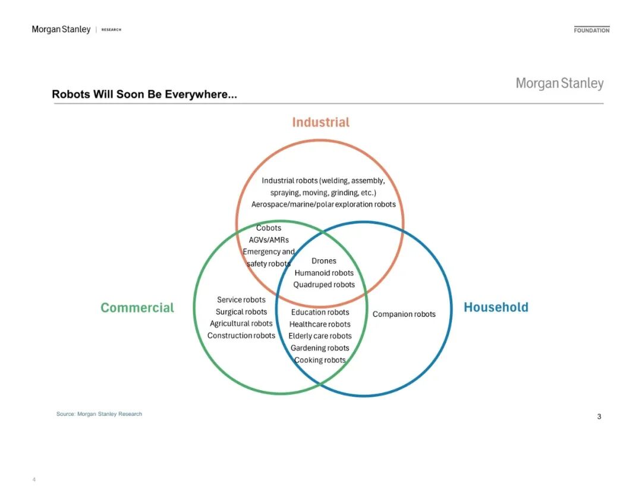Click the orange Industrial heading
click(320, 122)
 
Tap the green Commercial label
click(137, 307)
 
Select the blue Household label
click(496, 307)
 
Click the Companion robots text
click(404, 314)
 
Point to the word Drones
click(324, 261)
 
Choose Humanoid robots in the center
click(324, 273)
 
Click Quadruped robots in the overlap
click(324, 285)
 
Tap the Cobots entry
click(269, 228)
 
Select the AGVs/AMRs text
click(269, 240)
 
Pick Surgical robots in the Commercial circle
click(241, 312)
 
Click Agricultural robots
click(241, 324)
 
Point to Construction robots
click(241, 335)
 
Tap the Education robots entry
click(320, 312)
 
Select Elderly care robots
click(320, 336)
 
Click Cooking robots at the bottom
click(320, 360)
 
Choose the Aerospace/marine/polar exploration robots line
click(323, 204)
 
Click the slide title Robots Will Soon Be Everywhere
click(144, 95)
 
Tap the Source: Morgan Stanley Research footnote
click(99, 414)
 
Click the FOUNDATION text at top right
click(591, 30)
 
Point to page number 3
click(599, 417)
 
